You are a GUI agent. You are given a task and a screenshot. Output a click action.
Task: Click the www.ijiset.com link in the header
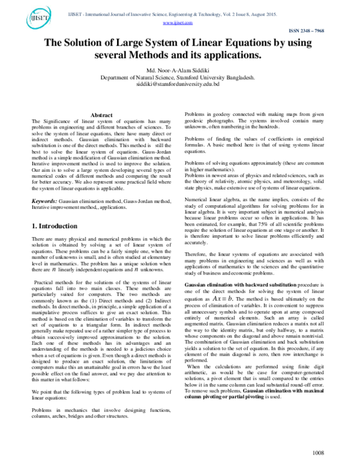178,23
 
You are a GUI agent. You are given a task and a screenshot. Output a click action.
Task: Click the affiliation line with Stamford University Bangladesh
177,77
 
